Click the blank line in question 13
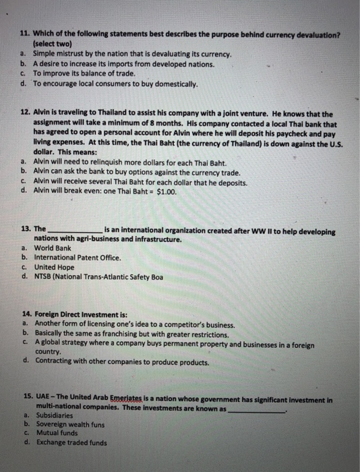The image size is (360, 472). [75, 231]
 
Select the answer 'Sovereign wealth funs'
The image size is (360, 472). [70, 425]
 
